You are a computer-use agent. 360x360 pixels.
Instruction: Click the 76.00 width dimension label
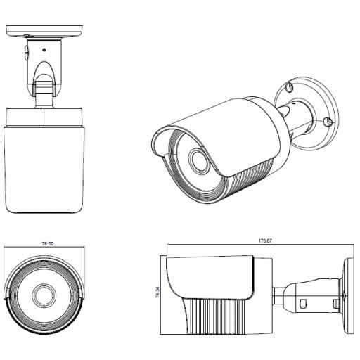click(x=47, y=244)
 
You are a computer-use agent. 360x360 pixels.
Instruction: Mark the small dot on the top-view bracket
click(x=44, y=49)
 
